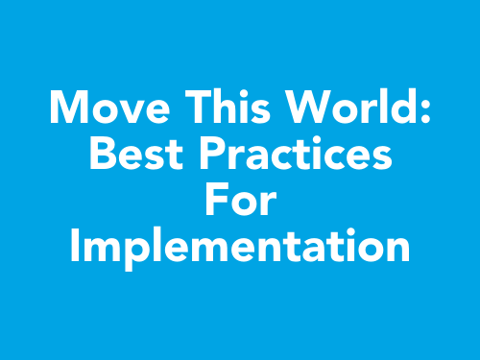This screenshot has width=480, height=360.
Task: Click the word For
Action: (x=240, y=202)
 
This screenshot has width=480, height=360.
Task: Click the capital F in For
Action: (x=215, y=202)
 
